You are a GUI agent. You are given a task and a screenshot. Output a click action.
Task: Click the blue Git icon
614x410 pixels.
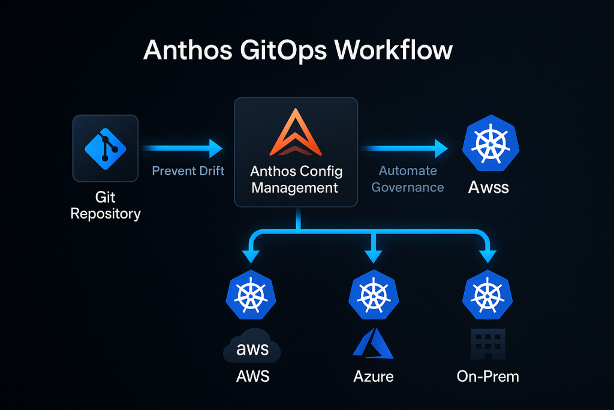point(106,148)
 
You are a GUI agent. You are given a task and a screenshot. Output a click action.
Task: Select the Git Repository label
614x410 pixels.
point(106,205)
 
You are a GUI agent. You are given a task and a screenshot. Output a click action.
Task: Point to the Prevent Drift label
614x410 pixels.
point(188,171)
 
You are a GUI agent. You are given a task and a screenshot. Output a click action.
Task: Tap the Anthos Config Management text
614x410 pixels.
point(296,179)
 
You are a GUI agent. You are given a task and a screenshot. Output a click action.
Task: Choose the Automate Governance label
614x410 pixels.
point(407,179)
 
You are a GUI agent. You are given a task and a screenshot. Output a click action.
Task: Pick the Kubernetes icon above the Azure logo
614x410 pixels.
point(374,295)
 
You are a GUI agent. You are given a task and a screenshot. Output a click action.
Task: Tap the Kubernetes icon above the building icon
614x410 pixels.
point(488,295)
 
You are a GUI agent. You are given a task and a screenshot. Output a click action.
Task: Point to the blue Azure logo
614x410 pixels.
point(373,343)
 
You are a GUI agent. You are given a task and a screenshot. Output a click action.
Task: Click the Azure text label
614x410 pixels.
point(373,377)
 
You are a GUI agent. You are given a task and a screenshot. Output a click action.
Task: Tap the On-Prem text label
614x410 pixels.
point(487,377)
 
